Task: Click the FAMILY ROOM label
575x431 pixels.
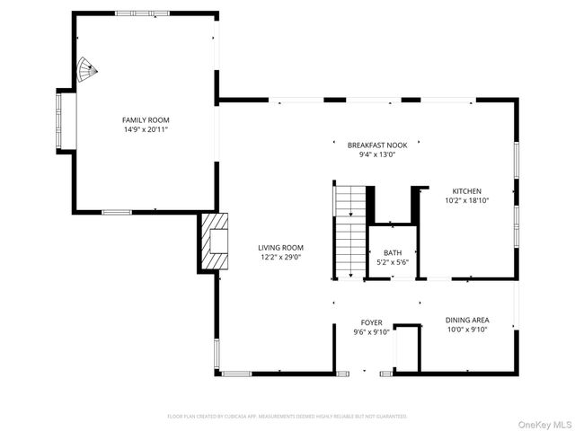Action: point(146,119)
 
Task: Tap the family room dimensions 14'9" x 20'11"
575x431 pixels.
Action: point(146,129)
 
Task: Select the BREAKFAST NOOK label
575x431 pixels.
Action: point(371,145)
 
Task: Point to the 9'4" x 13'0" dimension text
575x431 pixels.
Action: point(371,154)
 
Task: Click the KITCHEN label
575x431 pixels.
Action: point(466,191)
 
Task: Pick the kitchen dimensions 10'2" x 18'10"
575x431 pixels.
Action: point(466,201)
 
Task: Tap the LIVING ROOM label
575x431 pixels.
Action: point(280,248)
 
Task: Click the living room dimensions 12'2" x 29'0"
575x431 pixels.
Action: point(280,258)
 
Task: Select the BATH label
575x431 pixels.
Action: point(393,253)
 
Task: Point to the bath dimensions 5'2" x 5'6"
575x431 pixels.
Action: point(393,263)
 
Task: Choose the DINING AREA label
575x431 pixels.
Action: point(467,320)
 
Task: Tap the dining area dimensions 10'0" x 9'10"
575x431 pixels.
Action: point(467,330)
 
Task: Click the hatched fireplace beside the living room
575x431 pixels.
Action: point(217,242)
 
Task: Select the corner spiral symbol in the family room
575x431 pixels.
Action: point(85,70)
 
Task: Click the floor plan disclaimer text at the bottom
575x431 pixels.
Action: point(287,417)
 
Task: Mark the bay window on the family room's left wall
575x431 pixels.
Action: point(66,120)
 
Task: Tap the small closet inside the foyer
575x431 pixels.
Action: point(407,347)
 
